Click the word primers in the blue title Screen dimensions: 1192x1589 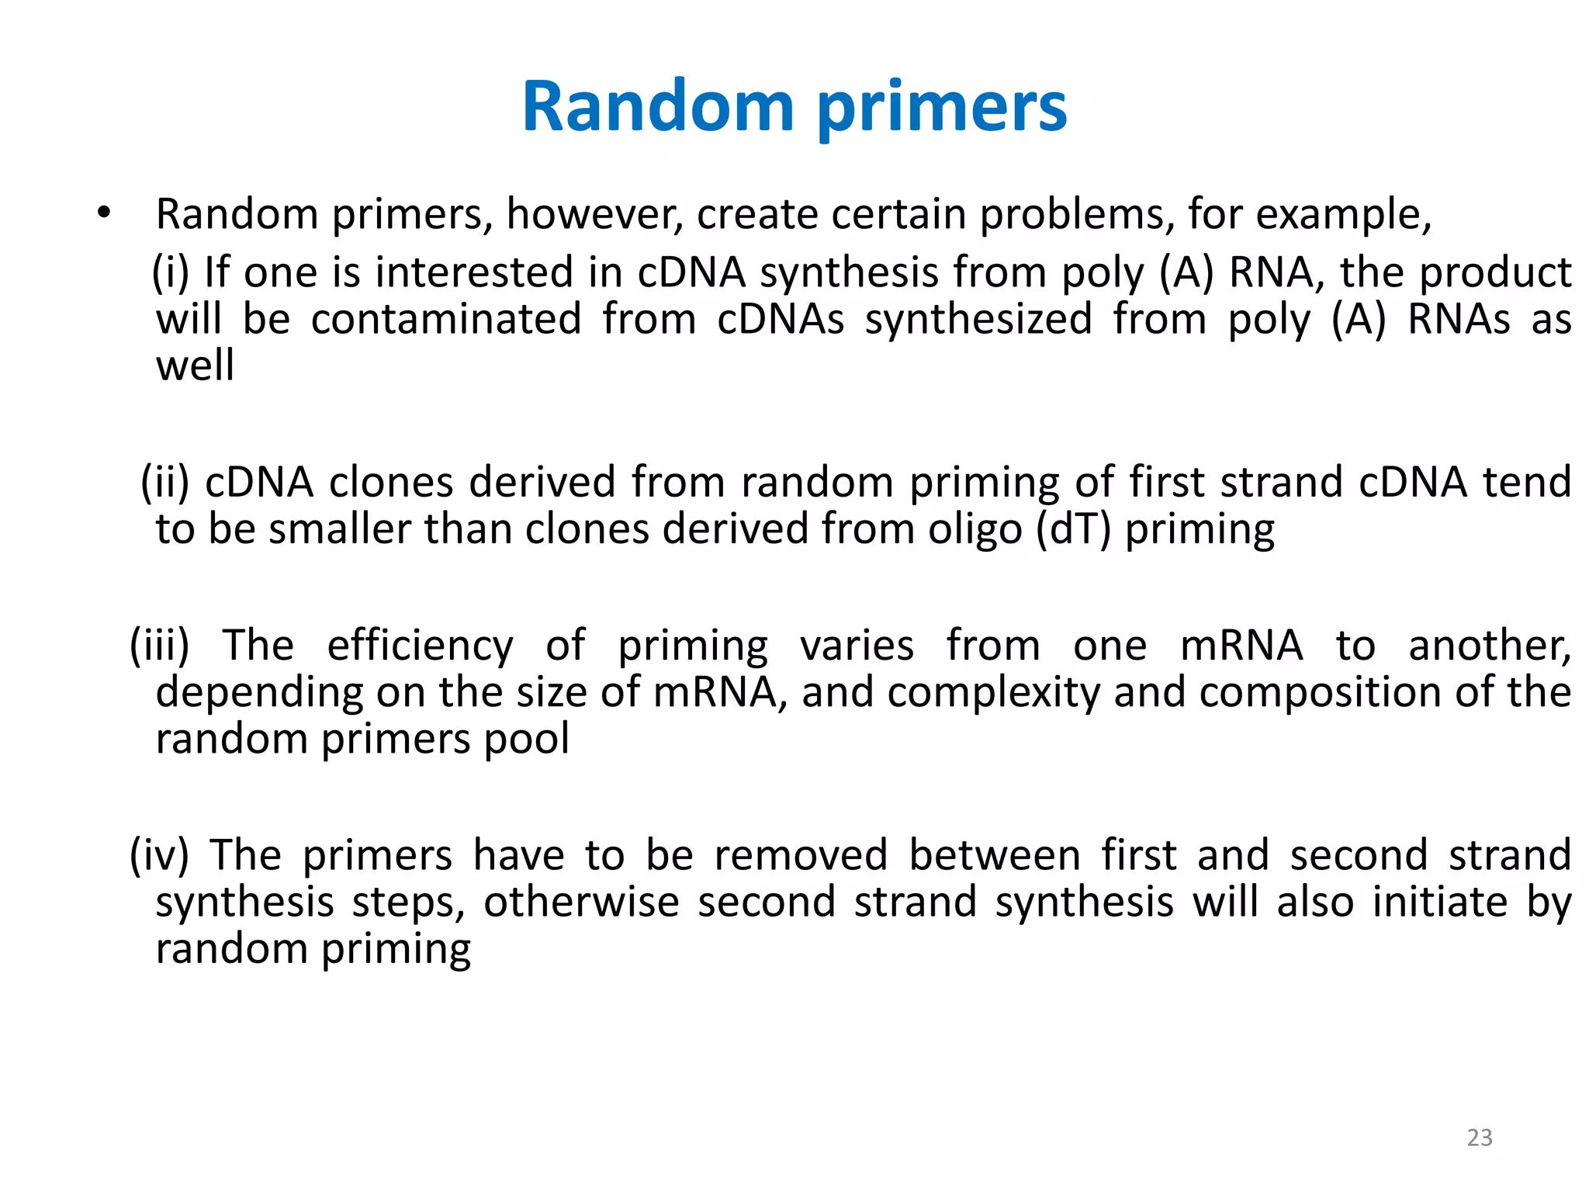[942, 109]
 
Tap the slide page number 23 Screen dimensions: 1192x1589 [1480, 1137]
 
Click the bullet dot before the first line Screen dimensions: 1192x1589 [104, 211]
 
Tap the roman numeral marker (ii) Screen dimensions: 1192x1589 [164, 482]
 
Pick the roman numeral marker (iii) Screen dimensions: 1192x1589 [159, 646]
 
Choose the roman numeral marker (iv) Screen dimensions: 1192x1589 [159, 855]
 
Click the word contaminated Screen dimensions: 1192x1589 [446, 319]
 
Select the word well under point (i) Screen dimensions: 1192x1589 [195, 366]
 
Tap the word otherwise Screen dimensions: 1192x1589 [581, 903]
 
